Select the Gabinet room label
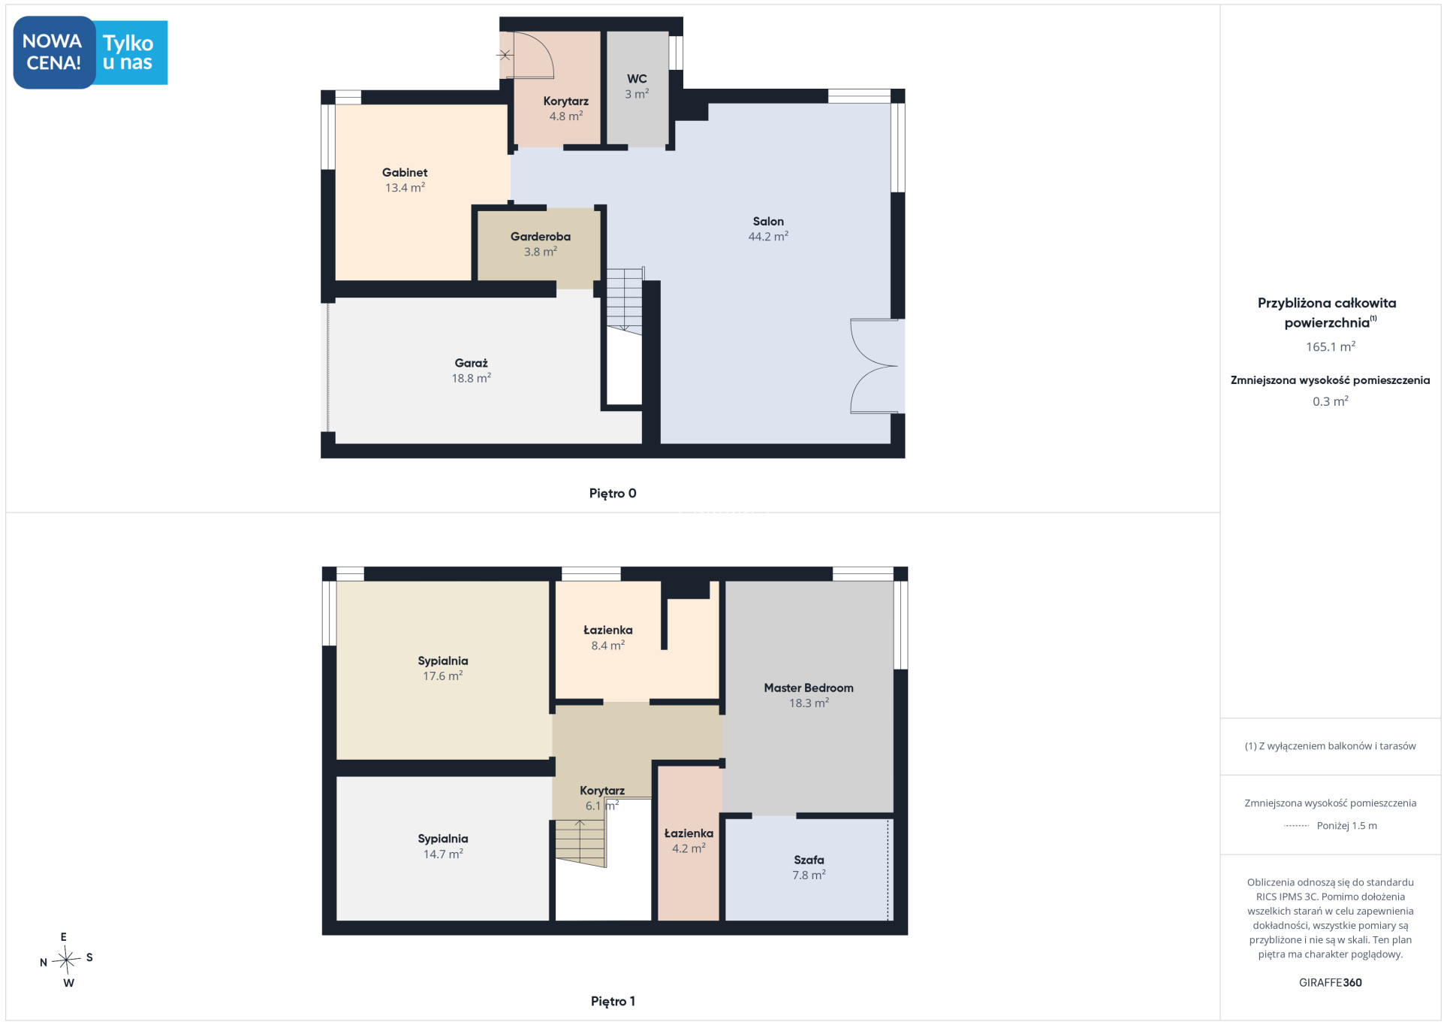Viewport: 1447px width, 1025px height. pyautogui.click(x=405, y=180)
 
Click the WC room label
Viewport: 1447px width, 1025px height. pyautogui.click(x=637, y=86)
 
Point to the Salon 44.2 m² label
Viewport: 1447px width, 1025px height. pyautogui.click(x=768, y=228)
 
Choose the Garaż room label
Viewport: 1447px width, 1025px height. pyautogui.click(x=472, y=370)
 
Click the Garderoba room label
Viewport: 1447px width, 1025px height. pyautogui.click(x=541, y=244)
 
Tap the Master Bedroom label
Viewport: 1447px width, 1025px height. pyautogui.click(x=809, y=695)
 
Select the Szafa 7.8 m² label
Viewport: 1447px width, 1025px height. pyautogui.click(x=809, y=867)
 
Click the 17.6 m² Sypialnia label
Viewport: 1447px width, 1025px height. pyautogui.click(x=443, y=668)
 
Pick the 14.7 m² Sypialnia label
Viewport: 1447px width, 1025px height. pyautogui.click(x=443, y=846)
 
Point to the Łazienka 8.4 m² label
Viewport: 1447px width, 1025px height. pyautogui.click(x=608, y=637)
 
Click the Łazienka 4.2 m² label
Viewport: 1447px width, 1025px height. pyautogui.click(x=689, y=840)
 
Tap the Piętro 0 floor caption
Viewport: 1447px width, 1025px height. pyautogui.click(x=613, y=493)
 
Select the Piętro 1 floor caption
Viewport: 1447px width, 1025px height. pyautogui.click(x=613, y=1001)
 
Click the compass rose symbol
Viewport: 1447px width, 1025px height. pyautogui.click(x=67, y=959)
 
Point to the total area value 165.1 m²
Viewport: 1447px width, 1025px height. pyautogui.click(x=1331, y=346)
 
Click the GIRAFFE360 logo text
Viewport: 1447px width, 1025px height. pyautogui.click(x=1331, y=982)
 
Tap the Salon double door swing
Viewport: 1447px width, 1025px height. pyautogui.click(x=874, y=366)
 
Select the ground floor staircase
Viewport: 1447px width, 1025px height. pyautogui.click(x=625, y=301)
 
